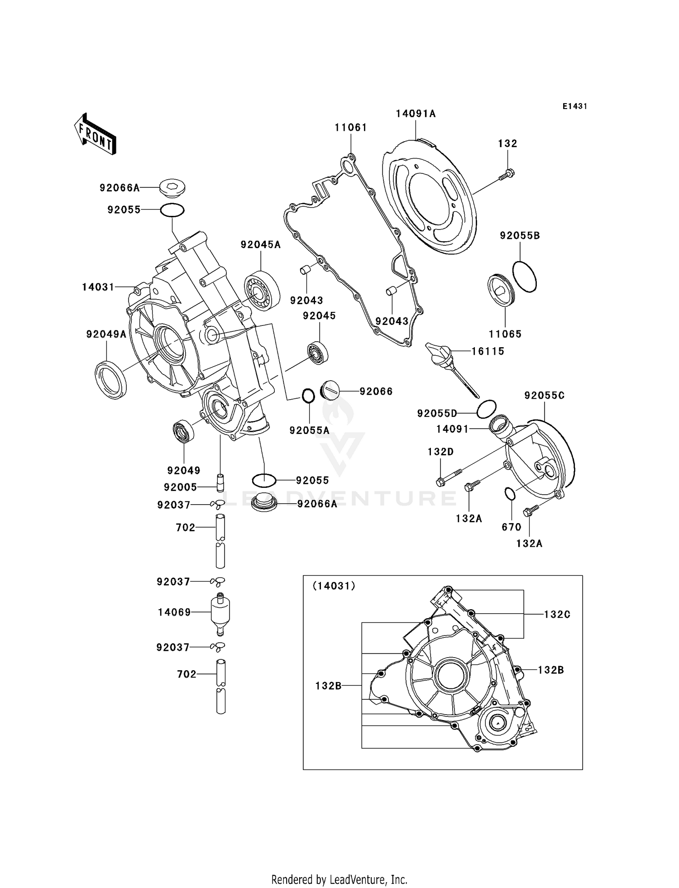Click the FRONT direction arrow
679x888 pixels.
[96, 134]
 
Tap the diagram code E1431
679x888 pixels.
[574, 106]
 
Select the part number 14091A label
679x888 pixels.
[416, 114]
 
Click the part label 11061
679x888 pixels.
[351, 128]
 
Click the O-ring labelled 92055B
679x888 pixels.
[524, 277]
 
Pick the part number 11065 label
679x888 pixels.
[505, 334]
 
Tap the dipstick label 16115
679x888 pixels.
[488, 351]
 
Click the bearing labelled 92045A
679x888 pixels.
[261, 290]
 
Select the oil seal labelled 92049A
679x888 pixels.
[110, 379]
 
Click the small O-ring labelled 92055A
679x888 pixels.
[308, 396]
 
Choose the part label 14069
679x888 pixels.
[174, 612]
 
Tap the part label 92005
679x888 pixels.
[180, 487]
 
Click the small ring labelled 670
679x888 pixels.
[509, 494]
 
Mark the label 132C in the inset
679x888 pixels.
[557, 615]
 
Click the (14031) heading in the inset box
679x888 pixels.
[334, 586]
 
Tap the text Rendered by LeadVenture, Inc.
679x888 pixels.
[339, 879]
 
